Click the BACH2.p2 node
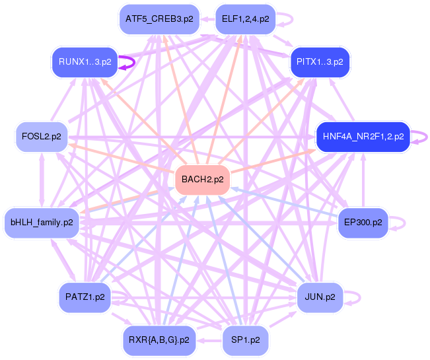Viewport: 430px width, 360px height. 202,179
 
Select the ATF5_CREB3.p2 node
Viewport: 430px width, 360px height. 159,18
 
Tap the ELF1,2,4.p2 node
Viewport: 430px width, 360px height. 245,18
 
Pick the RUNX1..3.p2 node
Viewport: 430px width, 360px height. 85,62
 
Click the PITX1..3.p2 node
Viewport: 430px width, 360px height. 320,62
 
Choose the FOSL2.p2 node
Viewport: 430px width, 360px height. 42,137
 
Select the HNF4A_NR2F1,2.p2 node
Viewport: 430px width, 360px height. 363,137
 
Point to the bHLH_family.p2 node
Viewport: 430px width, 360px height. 42,222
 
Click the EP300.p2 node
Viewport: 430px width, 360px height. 363,222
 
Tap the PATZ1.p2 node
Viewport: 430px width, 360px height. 85,297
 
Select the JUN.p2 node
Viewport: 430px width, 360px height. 320,297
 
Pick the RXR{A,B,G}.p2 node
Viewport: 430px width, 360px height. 159,340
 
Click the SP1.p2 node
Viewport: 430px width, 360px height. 245,340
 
